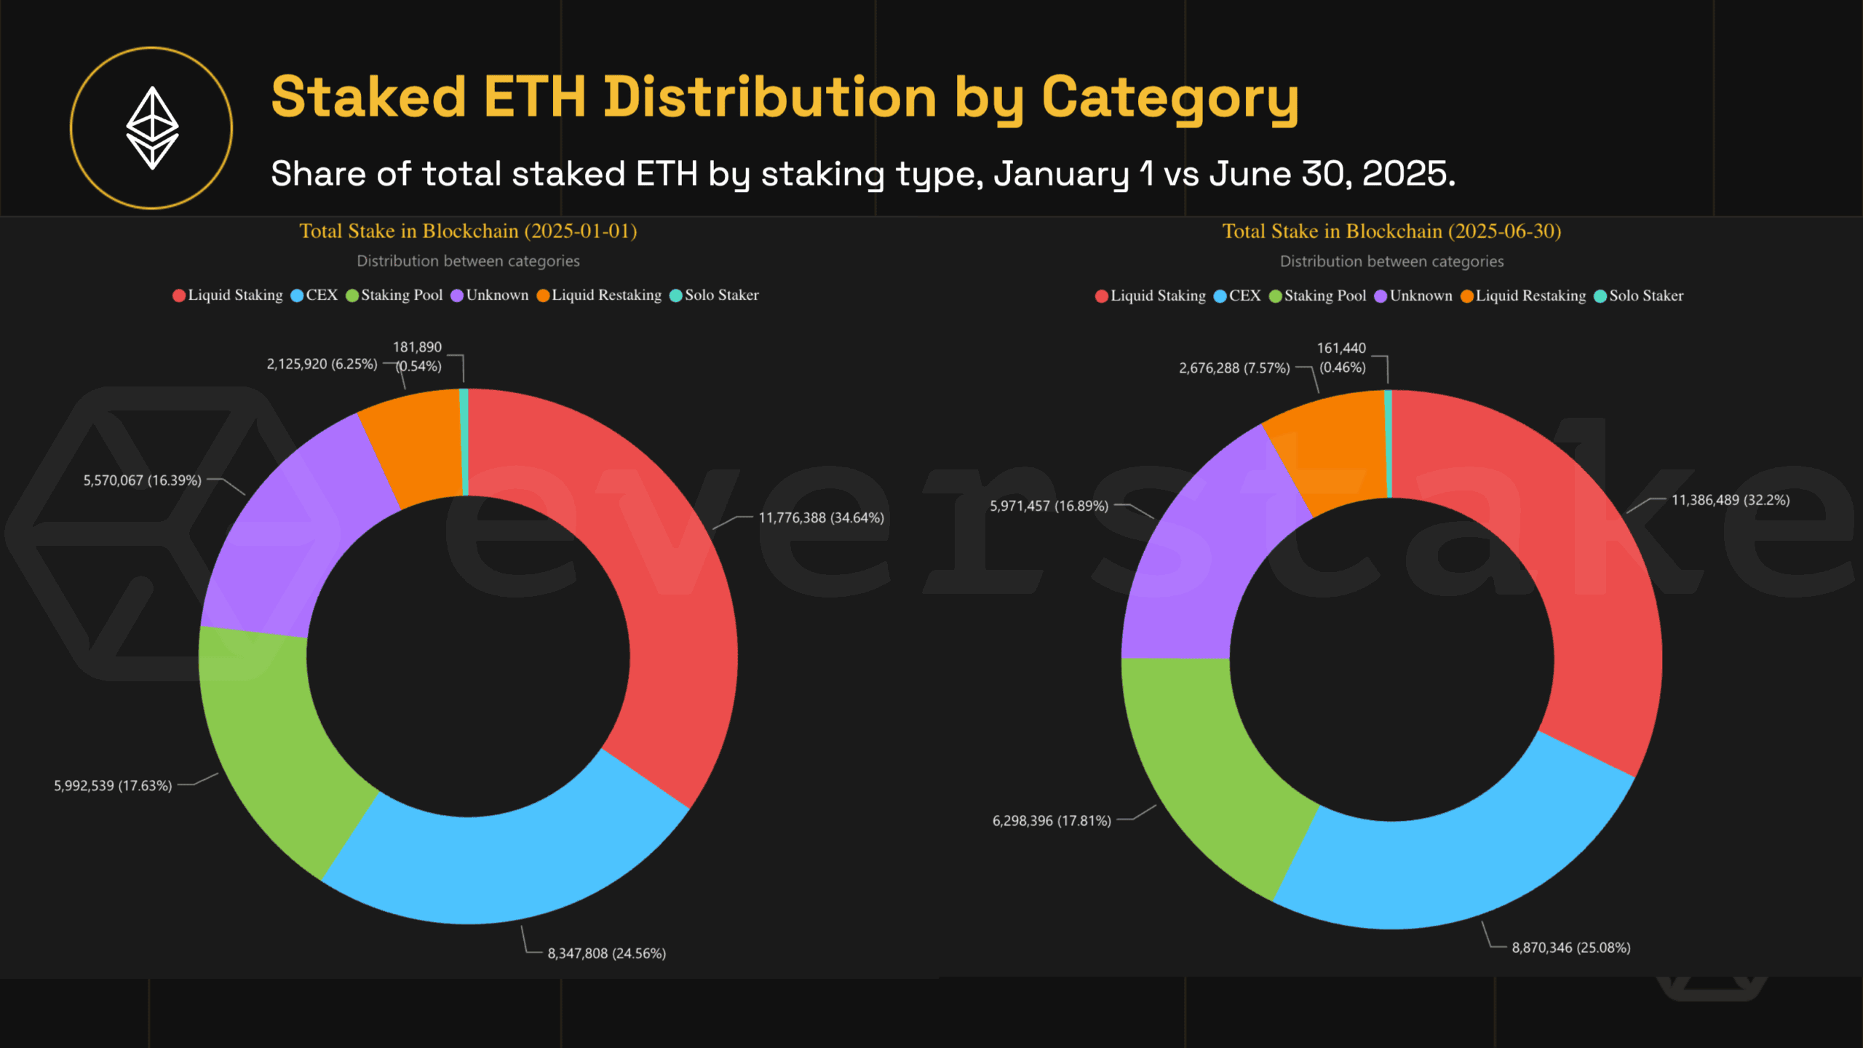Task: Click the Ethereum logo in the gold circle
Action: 152,128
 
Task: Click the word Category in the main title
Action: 1169,98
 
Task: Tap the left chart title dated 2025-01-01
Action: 468,231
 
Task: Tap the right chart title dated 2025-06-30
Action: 1391,231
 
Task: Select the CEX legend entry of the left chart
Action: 314,295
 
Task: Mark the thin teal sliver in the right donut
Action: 1388,444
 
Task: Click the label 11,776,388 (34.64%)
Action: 821,517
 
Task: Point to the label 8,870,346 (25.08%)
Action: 1570,948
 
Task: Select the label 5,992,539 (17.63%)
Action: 113,786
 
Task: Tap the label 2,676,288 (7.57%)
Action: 1234,368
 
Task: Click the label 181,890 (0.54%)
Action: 418,357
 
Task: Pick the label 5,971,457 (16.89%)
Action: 1049,506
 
